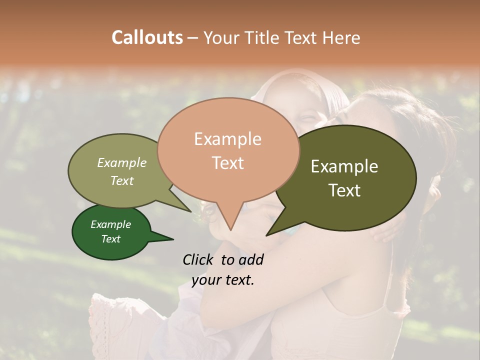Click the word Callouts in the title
coord(147,37)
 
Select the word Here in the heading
coord(340,37)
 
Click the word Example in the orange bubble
coord(227,139)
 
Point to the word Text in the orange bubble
coord(227,163)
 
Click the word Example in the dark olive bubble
coord(344,166)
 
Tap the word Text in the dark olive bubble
coord(344,190)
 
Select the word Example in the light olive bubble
coord(121,163)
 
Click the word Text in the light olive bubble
coord(121,181)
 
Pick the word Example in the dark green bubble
coord(110,224)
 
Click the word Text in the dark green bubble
coord(110,239)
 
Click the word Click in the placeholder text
coord(200,259)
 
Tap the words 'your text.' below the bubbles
coord(222,280)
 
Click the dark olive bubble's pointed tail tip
coord(267,234)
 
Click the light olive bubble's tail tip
coord(191,211)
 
